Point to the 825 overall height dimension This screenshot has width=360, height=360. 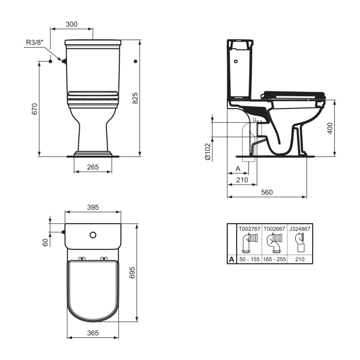click(135, 98)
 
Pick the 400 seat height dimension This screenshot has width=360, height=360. click(330, 128)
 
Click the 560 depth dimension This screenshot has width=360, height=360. click(266, 192)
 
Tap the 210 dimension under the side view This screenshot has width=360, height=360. click(242, 179)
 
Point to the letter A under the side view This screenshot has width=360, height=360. click(238, 169)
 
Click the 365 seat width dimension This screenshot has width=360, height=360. click(93, 333)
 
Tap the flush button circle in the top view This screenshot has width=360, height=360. click(93, 235)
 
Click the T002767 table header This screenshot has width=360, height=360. click(249, 227)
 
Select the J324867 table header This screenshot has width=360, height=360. click(301, 227)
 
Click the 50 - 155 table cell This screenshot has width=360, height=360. click(249, 260)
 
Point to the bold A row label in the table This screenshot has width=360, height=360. click(231, 260)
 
